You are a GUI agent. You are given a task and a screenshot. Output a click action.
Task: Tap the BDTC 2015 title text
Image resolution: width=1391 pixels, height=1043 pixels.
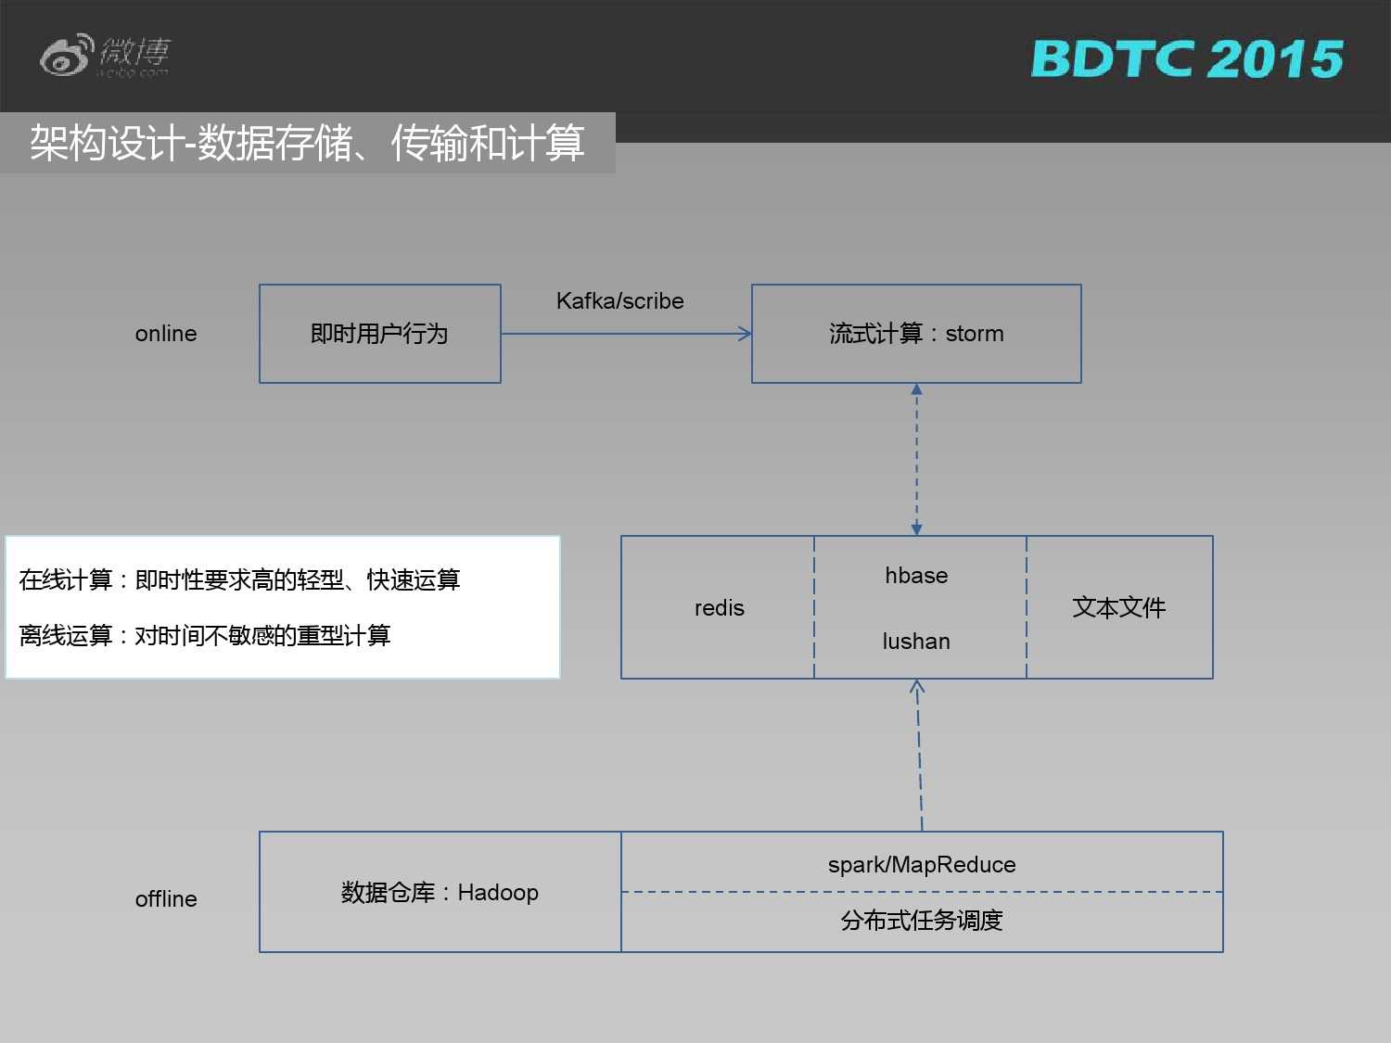[1187, 59]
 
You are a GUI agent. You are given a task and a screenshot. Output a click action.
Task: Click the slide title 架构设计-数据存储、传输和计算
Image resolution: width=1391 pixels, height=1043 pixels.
[307, 143]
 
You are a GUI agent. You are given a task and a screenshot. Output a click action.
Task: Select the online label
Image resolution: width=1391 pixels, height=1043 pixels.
[166, 334]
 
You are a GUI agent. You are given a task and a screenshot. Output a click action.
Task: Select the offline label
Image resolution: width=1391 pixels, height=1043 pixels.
[166, 899]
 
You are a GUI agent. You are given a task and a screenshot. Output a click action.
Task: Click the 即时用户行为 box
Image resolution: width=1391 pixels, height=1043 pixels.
[379, 334]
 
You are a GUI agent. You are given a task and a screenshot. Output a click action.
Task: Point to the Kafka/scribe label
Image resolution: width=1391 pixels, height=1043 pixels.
[619, 301]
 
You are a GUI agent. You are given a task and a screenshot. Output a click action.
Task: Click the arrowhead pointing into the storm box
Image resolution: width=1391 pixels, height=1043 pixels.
[745, 334]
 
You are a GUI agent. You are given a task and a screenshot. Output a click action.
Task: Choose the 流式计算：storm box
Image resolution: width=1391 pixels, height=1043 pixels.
[916, 334]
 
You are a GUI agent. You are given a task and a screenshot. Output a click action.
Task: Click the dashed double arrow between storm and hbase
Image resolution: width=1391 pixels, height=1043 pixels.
[916, 459]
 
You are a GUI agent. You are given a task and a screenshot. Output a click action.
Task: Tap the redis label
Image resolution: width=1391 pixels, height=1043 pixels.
[719, 608]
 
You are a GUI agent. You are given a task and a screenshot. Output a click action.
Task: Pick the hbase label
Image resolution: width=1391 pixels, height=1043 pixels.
[916, 576]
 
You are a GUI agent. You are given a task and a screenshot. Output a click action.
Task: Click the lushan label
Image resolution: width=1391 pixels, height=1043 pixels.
[916, 642]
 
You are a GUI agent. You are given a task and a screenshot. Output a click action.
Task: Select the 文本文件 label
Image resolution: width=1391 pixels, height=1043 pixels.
[1118, 608]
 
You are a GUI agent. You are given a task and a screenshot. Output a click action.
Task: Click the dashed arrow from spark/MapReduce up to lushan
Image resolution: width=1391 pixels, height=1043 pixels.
[919, 756]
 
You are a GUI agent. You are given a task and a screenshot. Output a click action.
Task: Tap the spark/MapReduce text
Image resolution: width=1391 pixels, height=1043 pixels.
[922, 865]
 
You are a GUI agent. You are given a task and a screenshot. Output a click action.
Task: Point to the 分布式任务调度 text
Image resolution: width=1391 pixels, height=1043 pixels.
[922, 921]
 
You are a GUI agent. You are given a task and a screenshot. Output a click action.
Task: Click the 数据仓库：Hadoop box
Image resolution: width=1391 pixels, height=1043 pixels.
[440, 893]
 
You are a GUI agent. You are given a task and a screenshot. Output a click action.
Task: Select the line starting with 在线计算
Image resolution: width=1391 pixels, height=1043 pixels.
[239, 580]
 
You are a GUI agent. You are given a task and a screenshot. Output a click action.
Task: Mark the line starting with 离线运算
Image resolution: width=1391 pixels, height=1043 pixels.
[205, 636]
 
